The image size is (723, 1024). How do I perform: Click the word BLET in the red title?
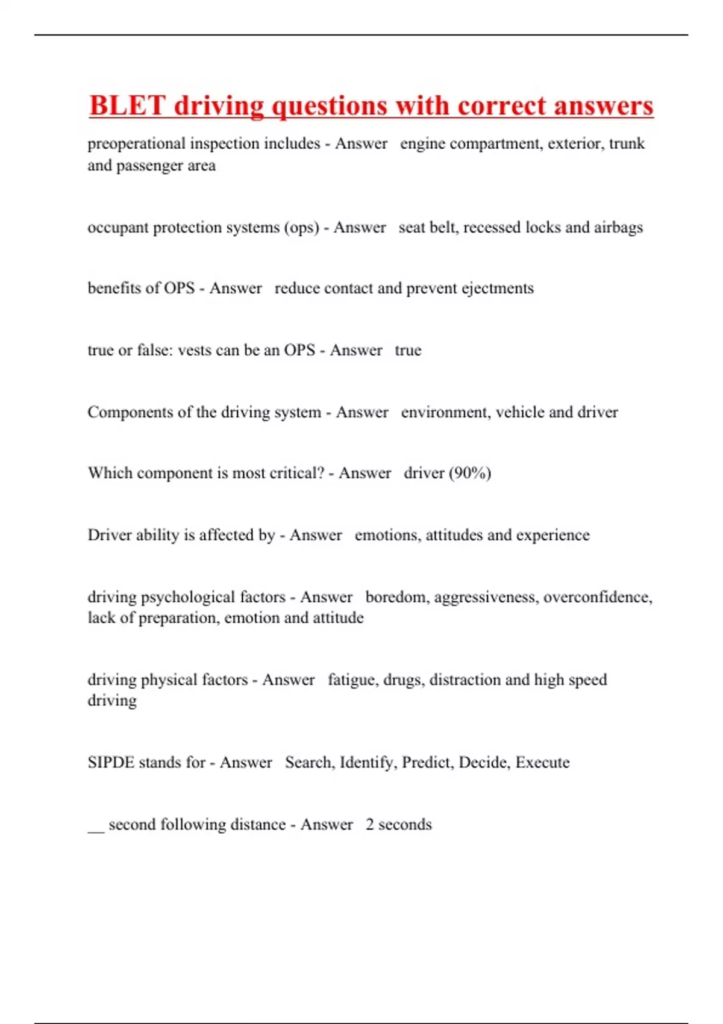(x=127, y=105)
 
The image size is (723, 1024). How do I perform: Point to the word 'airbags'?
(x=618, y=227)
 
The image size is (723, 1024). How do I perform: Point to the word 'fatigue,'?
(x=352, y=680)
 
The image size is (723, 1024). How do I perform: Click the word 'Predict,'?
(x=428, y=763)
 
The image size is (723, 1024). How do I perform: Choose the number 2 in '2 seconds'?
(x=369, y=825)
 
